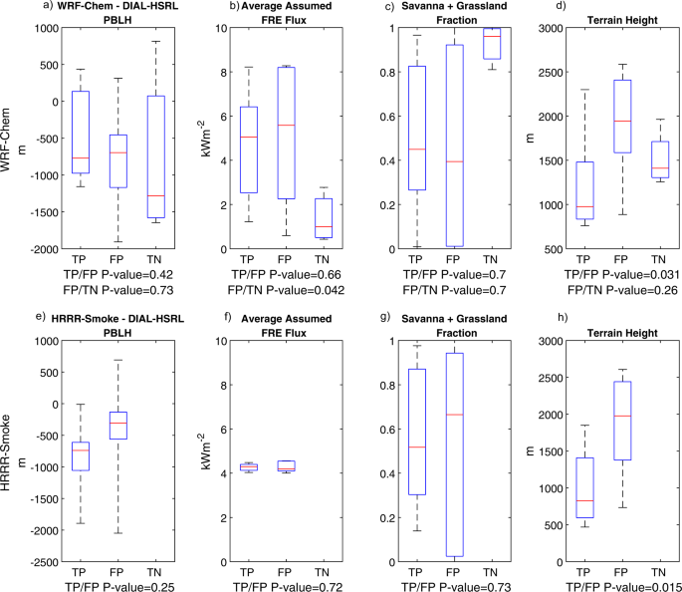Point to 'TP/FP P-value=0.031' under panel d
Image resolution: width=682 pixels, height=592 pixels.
[x=613, y=273]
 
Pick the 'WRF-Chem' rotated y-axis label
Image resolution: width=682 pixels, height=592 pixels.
[x=9, y=136]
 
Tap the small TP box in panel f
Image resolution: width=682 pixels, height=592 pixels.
[x=249, y=466]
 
